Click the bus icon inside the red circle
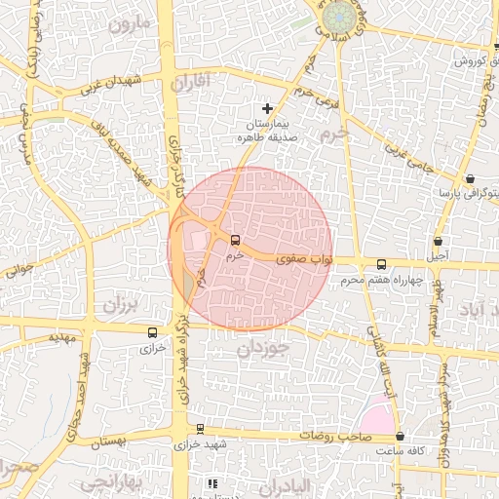(x=234, y=239)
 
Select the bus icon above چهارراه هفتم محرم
(x=380, y=264)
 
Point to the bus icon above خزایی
(x=150, y=332)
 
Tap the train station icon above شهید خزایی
(x=200, y=428)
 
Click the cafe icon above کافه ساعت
(x=401, y=436)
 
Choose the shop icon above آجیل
(x=438, y=241)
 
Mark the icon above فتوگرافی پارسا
(x=472, y=178)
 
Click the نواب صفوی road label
(x=305, y=259)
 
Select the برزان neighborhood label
(x=123, y=303)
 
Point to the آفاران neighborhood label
(x=190, y=84)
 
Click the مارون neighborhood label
(x=132, y=22)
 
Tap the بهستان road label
(x=109, y=443)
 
